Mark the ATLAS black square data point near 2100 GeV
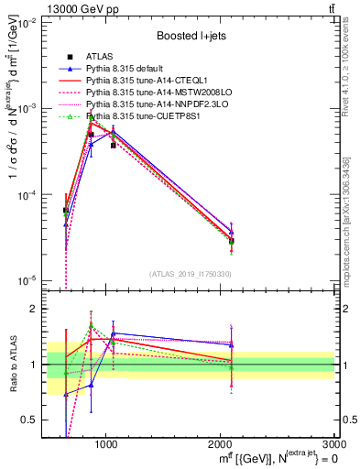tap(232, 242)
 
